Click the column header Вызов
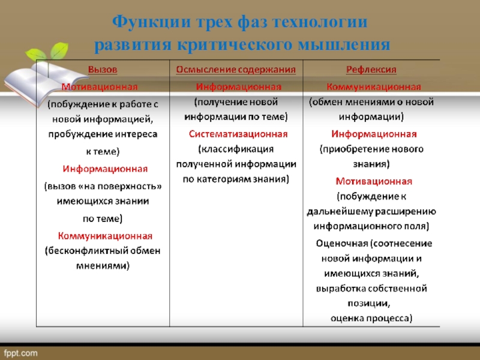103,70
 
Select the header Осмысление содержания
236,70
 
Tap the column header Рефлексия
371,70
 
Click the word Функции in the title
152,22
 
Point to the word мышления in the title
343,45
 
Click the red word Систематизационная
238,134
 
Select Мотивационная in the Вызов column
100,87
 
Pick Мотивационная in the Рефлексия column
374,181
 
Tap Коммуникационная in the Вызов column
105,236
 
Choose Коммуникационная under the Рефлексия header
374,87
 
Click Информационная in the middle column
238,87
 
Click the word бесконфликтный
88,251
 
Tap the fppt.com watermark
21,353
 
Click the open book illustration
43,83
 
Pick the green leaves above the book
47,52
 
